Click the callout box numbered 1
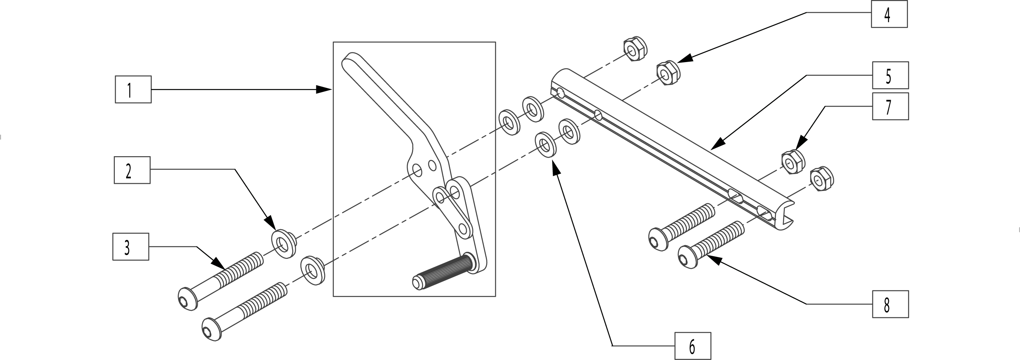(133, 89)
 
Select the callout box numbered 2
(132, 170)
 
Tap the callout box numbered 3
(131, 247)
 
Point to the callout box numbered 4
(889, 14)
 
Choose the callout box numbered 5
(890, 75)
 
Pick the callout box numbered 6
(692, 346)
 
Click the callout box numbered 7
(890, 107)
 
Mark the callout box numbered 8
(890, 304)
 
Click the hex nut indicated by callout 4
(669, 73)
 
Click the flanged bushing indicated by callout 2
(284, 243)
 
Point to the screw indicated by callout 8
(711, 245)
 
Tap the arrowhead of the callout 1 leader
(324, 89)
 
